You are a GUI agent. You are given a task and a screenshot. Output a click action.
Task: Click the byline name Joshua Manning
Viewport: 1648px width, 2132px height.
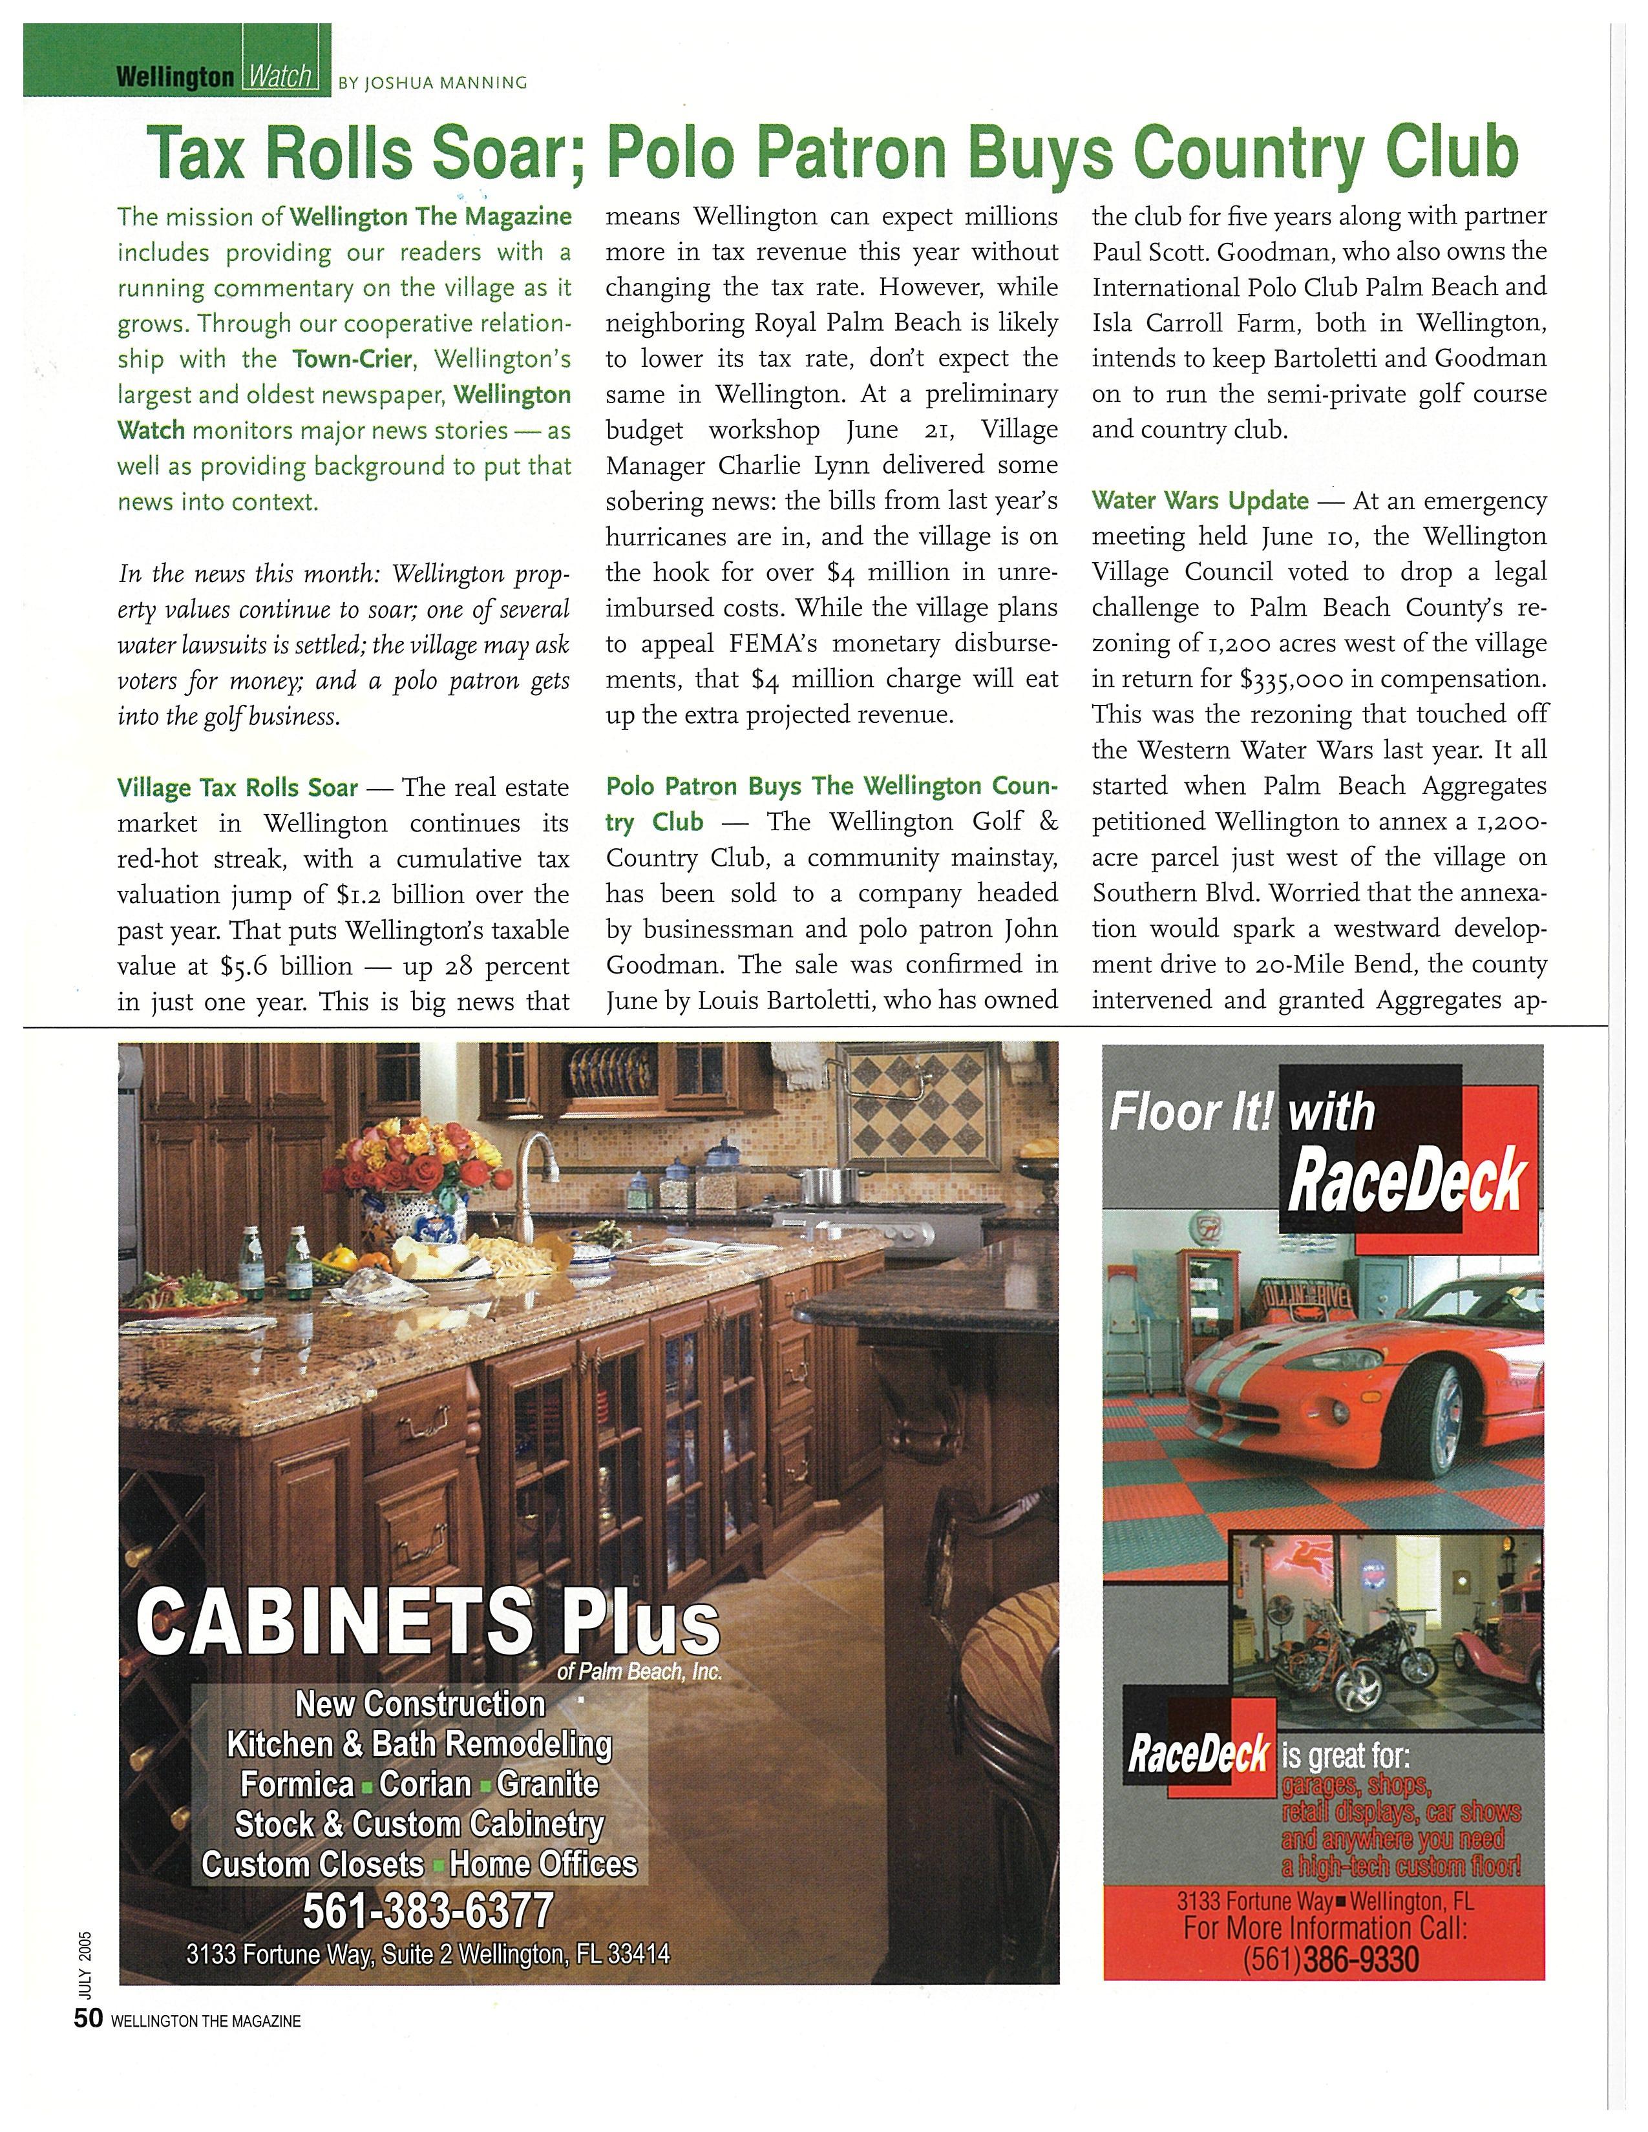[x=432, y=83]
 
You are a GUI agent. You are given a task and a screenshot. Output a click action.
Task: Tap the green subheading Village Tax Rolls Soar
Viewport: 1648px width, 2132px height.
[x=237, y=787]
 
